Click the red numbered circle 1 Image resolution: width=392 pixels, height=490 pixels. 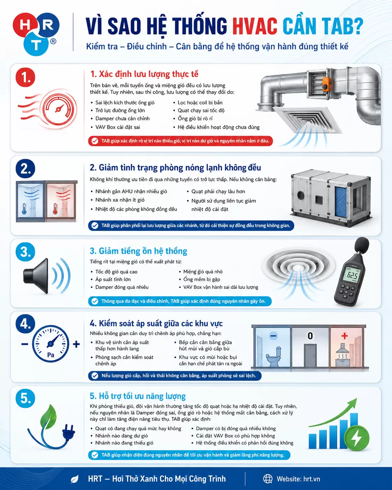pos(25,77)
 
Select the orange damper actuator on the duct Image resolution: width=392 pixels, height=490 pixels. pos(326,84)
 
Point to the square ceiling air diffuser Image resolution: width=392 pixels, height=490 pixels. pos(307,119)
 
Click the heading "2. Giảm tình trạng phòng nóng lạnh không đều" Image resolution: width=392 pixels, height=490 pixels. pos(175,167)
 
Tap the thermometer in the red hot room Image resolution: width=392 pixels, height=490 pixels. pos(55,209)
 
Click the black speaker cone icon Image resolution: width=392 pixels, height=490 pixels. pos(36,276)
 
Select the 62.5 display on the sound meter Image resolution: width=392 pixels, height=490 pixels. pos(352,275)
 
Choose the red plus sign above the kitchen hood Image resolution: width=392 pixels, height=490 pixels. pos(344,336)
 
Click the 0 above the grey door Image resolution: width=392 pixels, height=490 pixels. pos(310,336)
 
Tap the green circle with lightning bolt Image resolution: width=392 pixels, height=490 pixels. pos(356,438)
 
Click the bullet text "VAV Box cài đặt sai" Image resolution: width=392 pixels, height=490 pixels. pos(117,127)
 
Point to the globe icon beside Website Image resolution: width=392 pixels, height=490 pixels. pos(268,478)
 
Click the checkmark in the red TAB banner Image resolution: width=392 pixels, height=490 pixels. pos(95,141)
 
